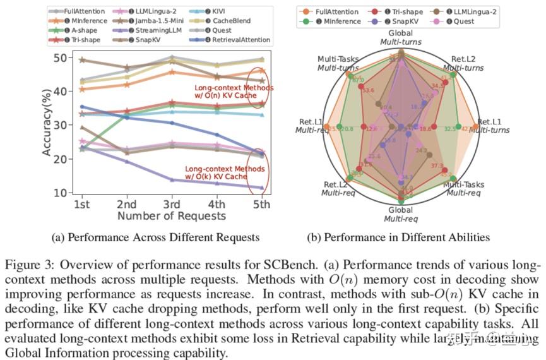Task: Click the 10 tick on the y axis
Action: pyautogui.click(x=61, y=192)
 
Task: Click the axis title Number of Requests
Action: pyautogui.click(x=171, y=216)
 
